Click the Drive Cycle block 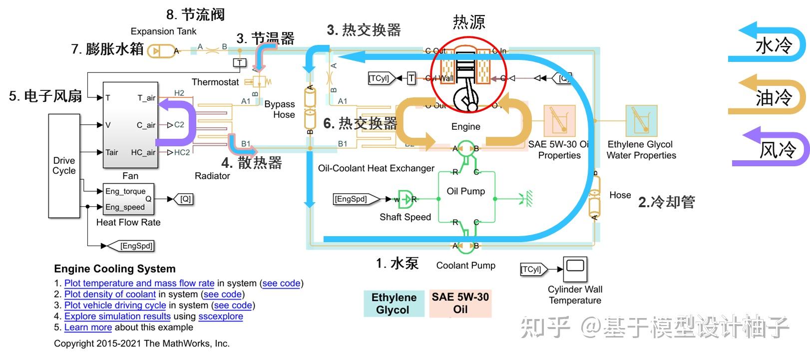pyautogui.click(x=64, y=166)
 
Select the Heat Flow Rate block pyautogui.click(x=128, y=199)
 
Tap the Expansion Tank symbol pyautogui.click(x=161, y=50)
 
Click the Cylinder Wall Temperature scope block pyautogui.click(x=575, y=270)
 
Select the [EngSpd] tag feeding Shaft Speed pyautogui.click(x=351, y=199)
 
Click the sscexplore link pyautogui.click(x=220, y=316)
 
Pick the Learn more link pyautogui.click(x=88, y=327)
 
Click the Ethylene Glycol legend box pyautogui.click(x=394, y=304)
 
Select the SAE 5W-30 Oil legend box pyautogui.click(x=460, y=303)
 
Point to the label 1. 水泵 pyautogui.click(x=397, y=263)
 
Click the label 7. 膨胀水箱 pyautogui.click(x=107, y=49)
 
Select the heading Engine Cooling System pyautogui.click(x=115, y=269)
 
